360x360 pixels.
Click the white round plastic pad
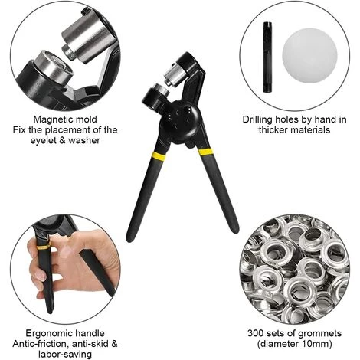coord(309,56)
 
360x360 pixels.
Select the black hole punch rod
coord(267,57)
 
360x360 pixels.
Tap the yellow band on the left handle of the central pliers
coord(159,155)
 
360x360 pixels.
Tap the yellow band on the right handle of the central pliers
coord(205,152)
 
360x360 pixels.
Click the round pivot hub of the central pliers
coord(181,123)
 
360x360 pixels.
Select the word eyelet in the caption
coord(44,140)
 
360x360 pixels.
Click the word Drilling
coord(257,119)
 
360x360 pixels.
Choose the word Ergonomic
coord(48,333)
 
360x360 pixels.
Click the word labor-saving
coord(65,354)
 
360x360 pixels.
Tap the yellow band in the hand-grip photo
coord(44,247)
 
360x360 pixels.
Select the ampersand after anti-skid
coord(114,344)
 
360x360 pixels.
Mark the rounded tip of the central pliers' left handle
coord(130,238)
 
